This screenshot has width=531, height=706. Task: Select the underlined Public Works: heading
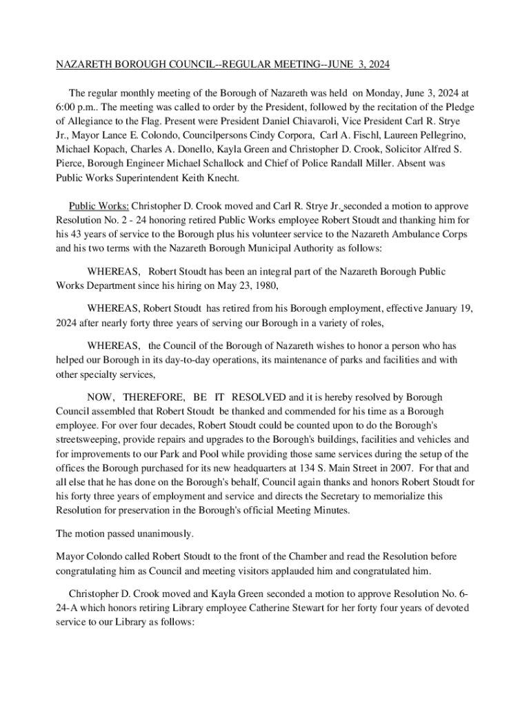[x=99, y=206]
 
